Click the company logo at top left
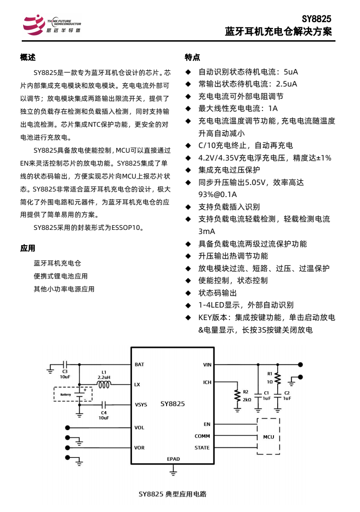51,25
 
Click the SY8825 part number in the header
316,19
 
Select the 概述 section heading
28,57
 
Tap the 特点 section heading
192,57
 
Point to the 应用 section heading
28,248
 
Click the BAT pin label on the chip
139,364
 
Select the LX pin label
137,384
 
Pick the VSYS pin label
141,405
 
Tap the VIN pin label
207,364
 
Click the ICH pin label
207,382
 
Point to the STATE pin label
202,448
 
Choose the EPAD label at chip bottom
173,459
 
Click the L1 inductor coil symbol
104,384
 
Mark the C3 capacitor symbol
65,364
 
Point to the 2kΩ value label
247,400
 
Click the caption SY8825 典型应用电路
173,494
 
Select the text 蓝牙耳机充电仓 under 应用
57,263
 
